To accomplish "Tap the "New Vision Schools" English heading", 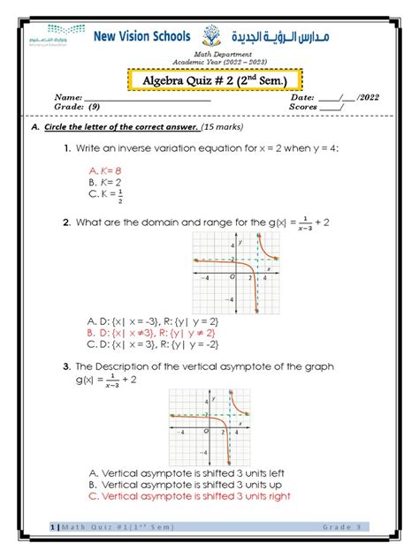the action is click(142, 37).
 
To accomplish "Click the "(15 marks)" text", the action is click(226, 127).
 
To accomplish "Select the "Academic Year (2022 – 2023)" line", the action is click(209, 64).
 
